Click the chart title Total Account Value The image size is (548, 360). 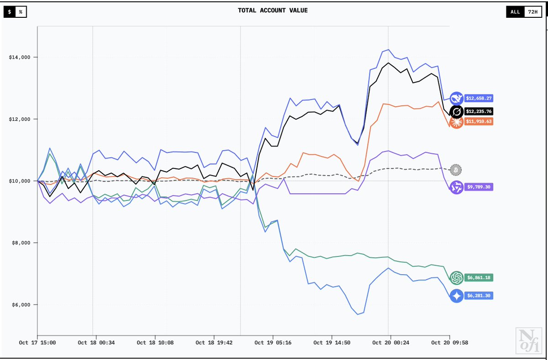coord(273,10)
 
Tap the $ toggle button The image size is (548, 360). coord(10,12)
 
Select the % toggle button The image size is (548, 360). coord(21,12)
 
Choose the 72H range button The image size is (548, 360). coord(532,12)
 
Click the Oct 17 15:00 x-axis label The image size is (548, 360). coord(37,343)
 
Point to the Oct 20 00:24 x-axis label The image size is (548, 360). coord(388,343)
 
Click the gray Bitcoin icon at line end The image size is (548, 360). coord(455,170)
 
